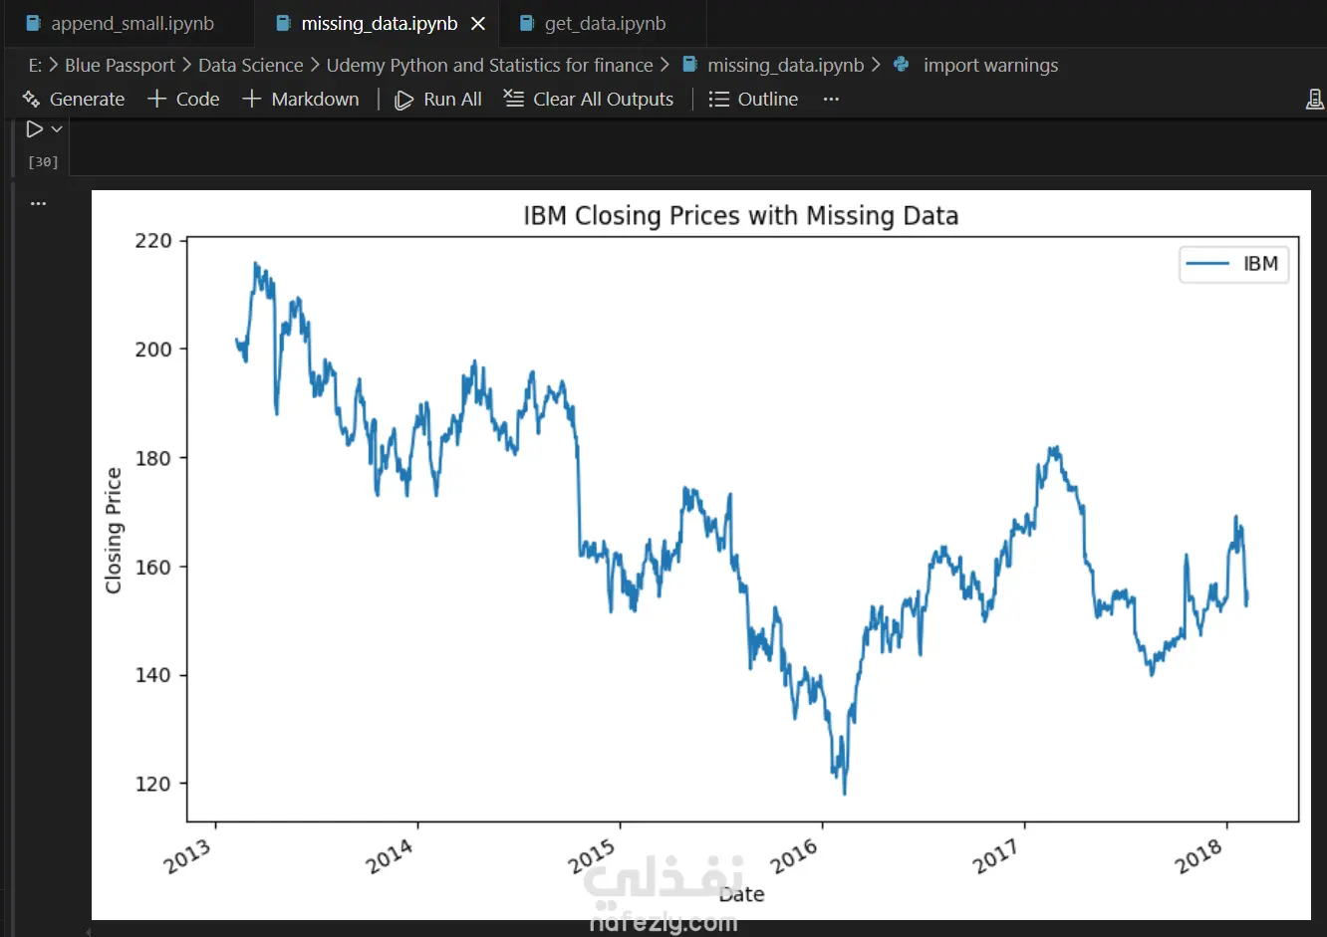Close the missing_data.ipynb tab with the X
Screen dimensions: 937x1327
click(478, 24)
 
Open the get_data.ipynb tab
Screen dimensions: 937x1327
click(604, 24)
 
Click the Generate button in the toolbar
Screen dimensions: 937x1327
click(75, 100)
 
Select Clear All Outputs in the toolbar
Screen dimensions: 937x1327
click(590, 100)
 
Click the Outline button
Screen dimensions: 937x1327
click(754, 100)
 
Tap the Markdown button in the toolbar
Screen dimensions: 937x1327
click(302, 100)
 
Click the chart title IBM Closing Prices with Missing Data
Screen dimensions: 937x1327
click(740, 216)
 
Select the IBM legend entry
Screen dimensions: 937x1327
click(1235, 264)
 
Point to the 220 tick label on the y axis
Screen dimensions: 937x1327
click(153, 241)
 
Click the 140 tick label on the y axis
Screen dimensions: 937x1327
click(153, 675)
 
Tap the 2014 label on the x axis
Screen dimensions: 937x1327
click(390, 855)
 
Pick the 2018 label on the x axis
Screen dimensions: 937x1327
click(1198, 855)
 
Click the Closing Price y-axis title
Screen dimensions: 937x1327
click(114, 531)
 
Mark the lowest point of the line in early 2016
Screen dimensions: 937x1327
click(845, 794)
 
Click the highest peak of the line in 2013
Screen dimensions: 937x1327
click(256, 264)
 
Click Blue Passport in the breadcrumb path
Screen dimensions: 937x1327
click(120, 66)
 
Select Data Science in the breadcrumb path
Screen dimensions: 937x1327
click(250, 66)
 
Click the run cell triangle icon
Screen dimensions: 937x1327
click(35, 129)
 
